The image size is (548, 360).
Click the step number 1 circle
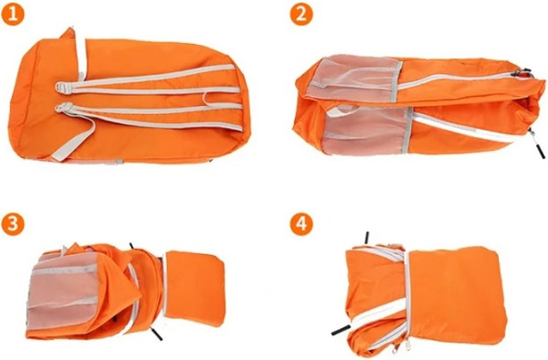(x=13, y=15)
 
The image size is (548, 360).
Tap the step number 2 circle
(x=301, y=15)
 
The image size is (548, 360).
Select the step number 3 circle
(x=13, y=224)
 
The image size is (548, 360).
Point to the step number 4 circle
(x=301, y=224)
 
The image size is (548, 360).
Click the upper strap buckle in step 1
(x=62, y=88)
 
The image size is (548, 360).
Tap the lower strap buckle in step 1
(x=63, y=107)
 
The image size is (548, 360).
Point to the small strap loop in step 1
(x=209, y=100)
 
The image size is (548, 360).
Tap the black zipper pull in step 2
(x=538, y=147)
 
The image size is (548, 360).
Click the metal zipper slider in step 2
(x=521, y=73)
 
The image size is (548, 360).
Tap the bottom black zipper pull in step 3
(x=156, y=334)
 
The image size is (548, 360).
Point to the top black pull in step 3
(x=132, y=246)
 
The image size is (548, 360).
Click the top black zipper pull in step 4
(x=366, y=238)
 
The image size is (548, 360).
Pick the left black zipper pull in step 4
(x=341, y=330)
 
